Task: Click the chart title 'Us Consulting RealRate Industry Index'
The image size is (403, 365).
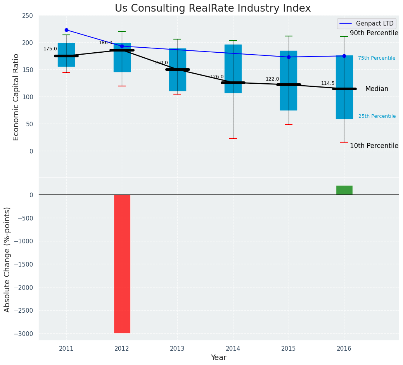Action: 213,9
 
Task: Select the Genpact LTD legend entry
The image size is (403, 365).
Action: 367,24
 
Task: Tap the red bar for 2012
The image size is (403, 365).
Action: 122,263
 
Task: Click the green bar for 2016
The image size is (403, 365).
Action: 344,190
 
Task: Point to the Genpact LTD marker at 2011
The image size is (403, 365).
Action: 66,30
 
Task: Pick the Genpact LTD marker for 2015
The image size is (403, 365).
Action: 289,57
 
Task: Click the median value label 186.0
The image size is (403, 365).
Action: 106,43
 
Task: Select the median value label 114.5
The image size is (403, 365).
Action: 328,83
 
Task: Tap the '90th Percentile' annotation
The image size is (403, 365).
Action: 374,33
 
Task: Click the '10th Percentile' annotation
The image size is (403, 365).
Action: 374,146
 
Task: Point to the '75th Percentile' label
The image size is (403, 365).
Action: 377,58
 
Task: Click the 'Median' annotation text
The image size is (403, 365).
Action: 377,89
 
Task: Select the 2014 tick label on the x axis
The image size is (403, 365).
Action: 233,349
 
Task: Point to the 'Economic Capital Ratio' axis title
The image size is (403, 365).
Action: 16,97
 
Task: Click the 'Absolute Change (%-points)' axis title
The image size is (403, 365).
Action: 7,259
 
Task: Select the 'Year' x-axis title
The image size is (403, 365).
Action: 218,358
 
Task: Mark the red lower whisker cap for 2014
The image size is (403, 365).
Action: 233,138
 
